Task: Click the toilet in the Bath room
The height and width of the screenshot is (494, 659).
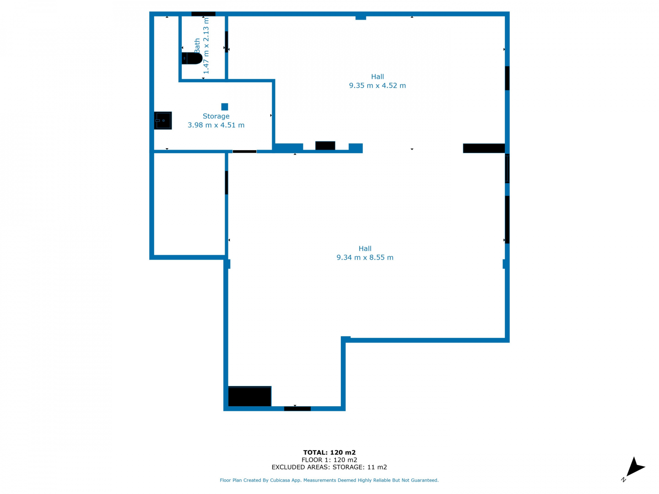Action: (x=192, y=58)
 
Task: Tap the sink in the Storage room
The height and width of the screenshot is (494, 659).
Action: (x=163, y=120)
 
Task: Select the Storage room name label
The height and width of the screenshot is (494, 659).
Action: (x=216, y=116)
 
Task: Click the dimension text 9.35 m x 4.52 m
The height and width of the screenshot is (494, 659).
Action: (x=377, y=86)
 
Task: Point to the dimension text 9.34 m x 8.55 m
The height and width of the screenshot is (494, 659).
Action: (x=365, y=258)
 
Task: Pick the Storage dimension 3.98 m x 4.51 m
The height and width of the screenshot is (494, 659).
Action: (x=216, y=125)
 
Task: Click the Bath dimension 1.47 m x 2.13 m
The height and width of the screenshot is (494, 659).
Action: (x=206, y=46)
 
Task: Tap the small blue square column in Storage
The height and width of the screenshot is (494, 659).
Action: (x=224, y=107)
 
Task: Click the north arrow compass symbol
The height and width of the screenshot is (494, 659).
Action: (x=633, y=468)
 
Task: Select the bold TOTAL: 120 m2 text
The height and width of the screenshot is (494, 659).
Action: (x=329, y=452)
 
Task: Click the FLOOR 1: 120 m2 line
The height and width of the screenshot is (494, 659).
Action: (x=329, y=460)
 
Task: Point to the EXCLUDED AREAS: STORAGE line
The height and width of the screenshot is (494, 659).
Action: (x=329, y=467)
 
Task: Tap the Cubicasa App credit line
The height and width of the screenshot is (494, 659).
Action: (x=329, y=480)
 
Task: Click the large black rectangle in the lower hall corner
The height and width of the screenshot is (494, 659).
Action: (x=249, y=396)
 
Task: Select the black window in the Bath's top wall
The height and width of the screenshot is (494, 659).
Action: (x=203, y=14)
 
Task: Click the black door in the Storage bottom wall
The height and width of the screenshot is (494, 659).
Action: (x=244, y=151)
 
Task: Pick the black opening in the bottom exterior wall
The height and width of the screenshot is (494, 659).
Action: (x=297, y=408)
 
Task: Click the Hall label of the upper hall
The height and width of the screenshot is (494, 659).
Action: (x=377, y=76)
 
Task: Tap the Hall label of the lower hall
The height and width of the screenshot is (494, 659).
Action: (x=365, y=248)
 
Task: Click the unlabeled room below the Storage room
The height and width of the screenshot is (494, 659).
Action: (x=189, y=204)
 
